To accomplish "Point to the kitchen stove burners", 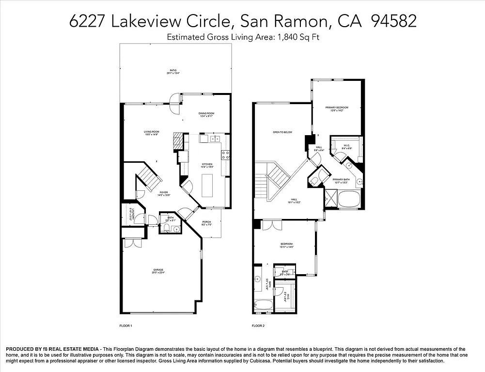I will (225, 155).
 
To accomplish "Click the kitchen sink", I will (216, 139).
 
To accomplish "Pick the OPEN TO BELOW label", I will (282, 132).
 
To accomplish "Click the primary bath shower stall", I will (331, 199).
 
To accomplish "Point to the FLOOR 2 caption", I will (258, 326).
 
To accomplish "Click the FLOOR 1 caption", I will (125, 326).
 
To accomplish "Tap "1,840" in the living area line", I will (287, 37).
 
